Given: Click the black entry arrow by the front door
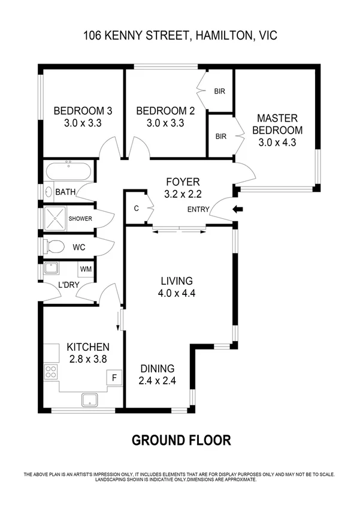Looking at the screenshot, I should (x=239, y=209).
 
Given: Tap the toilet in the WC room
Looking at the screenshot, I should (x=55, y=246).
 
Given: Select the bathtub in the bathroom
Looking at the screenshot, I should (x=68, y=171).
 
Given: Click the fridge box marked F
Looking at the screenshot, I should (x=114, y=378).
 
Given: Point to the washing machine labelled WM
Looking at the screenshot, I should (x=86, y=270).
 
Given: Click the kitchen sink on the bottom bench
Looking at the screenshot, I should (x=90, y=399).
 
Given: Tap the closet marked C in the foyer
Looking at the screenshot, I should (x=137, y=209).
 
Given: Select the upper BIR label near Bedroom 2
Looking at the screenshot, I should (x=220, y=92).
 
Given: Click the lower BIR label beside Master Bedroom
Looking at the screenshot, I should (x=220, y=137).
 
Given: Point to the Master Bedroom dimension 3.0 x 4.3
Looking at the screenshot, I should (x=277, y=143).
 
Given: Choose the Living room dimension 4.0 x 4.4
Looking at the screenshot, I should (x=176, y=294).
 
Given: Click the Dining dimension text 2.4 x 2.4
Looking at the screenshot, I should (x=157, y=381).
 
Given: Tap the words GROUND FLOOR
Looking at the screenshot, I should (x=181, y=441).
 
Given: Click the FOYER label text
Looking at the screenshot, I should (x=182, y=182).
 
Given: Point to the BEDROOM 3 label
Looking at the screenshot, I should (x=83, y=111).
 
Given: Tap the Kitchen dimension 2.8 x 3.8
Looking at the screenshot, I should (x=87, y=359).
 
